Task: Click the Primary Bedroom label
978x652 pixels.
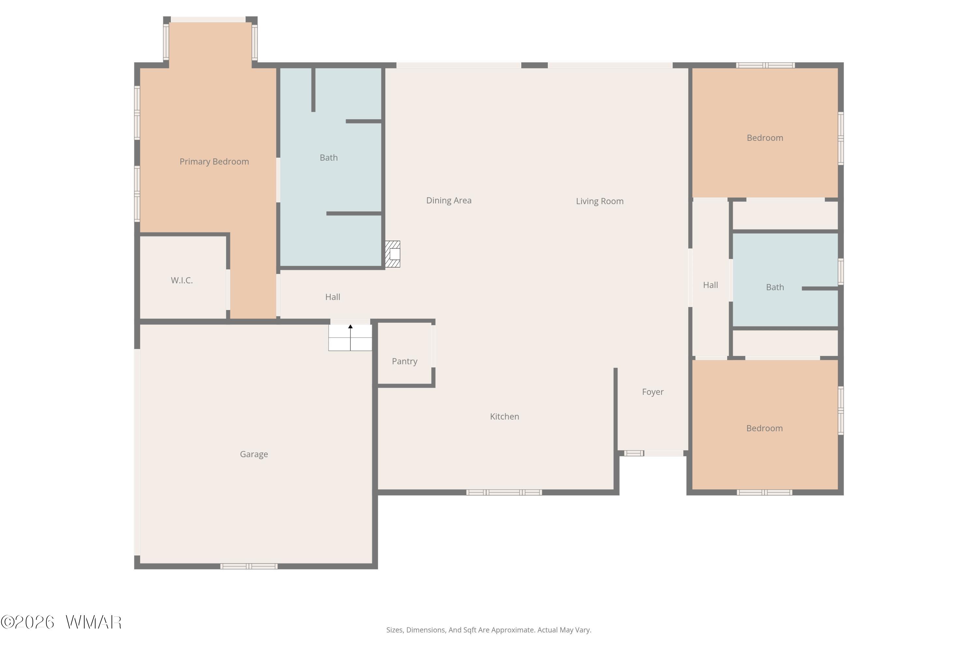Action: tap(214, 162)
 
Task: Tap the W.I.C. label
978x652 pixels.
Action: tap(182, 280)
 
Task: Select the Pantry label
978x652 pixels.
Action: tap(405, 361)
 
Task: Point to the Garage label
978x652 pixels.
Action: tap(254, 454)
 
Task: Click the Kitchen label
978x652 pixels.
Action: tap(504, 416)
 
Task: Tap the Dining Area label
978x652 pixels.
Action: tap(449, 200)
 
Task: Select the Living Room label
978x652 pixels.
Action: tap(600, 201)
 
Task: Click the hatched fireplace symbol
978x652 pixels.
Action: tap(393, 254)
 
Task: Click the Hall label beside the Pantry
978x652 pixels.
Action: tap(333, 297)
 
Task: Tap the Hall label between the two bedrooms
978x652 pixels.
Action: tap(710, 285)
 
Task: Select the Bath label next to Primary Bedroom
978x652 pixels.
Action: tap(329, 157)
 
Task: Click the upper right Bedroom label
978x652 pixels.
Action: tap(765, 138)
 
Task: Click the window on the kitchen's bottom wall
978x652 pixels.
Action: tap(504, 492)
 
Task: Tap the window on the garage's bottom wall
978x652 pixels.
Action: tap(249, 566)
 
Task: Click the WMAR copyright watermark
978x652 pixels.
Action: tap(61, 622)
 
